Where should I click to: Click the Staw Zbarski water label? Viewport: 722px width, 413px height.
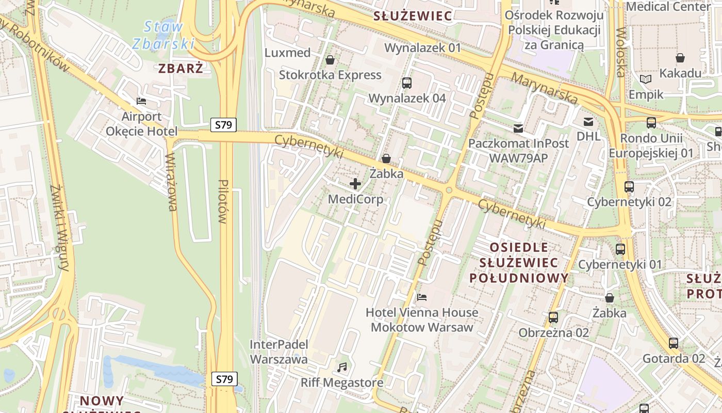(163, 35)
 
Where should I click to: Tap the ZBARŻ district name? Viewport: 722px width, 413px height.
(180, 68)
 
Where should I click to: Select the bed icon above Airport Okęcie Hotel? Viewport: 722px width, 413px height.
(141, 101)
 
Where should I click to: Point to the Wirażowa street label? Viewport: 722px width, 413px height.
(171, 182)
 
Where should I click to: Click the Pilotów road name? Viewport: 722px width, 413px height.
(223, 201)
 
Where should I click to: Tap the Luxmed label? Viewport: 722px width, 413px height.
(287, 53)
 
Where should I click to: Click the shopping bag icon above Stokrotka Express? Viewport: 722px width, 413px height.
(330, 60)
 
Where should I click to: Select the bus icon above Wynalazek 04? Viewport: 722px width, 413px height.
(406, 83)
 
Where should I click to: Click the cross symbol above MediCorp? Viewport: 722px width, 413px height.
(355, 183)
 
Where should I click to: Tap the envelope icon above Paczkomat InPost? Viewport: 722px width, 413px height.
(518, 128)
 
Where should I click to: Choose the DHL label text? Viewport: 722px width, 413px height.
(588, 136)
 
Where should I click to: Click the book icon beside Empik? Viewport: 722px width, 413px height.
(645, 79)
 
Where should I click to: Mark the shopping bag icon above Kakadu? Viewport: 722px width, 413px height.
(680, 57)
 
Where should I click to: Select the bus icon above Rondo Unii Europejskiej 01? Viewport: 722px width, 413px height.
(651, 123)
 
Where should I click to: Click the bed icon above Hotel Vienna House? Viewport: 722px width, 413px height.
(421, 297)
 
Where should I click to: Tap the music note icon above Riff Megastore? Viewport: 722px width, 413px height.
(341, 367)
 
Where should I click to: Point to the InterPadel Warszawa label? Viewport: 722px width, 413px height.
(278, 352)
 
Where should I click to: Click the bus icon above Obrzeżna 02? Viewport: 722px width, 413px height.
(553, 317)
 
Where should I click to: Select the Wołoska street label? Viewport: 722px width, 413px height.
(620, 52)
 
